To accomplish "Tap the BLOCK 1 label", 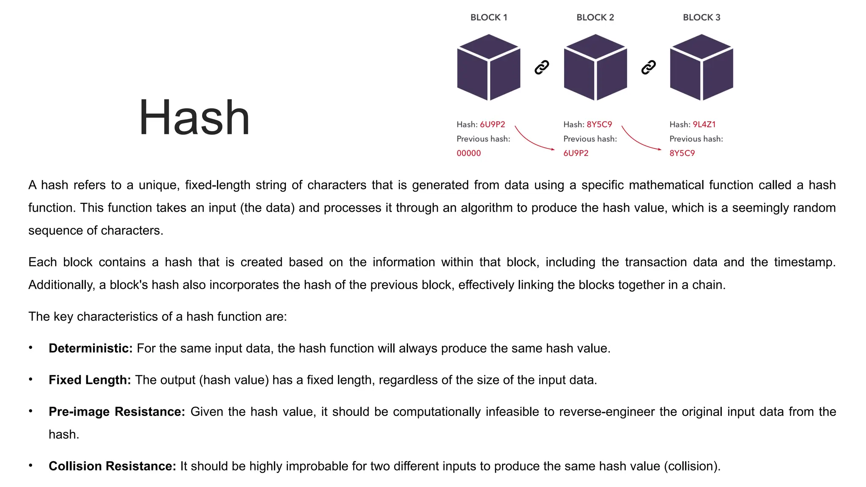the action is [488, 17].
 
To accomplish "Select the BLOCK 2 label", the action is [595, 17].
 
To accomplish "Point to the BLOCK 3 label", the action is [702, 17].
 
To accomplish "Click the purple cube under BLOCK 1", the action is [489, 68].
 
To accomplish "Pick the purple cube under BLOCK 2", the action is [595, 68].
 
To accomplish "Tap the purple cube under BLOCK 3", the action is [702, 68].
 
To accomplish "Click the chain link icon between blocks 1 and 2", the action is [542, 67].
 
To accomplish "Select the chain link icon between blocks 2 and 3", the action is [648, 67].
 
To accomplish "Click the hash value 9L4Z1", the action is [704, 124].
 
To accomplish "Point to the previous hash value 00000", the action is [469, 153].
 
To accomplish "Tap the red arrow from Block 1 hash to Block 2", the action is [532, 140].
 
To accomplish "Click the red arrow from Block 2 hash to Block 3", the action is [639, 140].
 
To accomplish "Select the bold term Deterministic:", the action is [90, 348].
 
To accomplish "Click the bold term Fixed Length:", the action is [90, 380].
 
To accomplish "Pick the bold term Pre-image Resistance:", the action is [117, 412].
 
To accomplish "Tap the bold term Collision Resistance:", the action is [112, 466].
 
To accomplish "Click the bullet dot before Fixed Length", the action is [30, 379].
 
